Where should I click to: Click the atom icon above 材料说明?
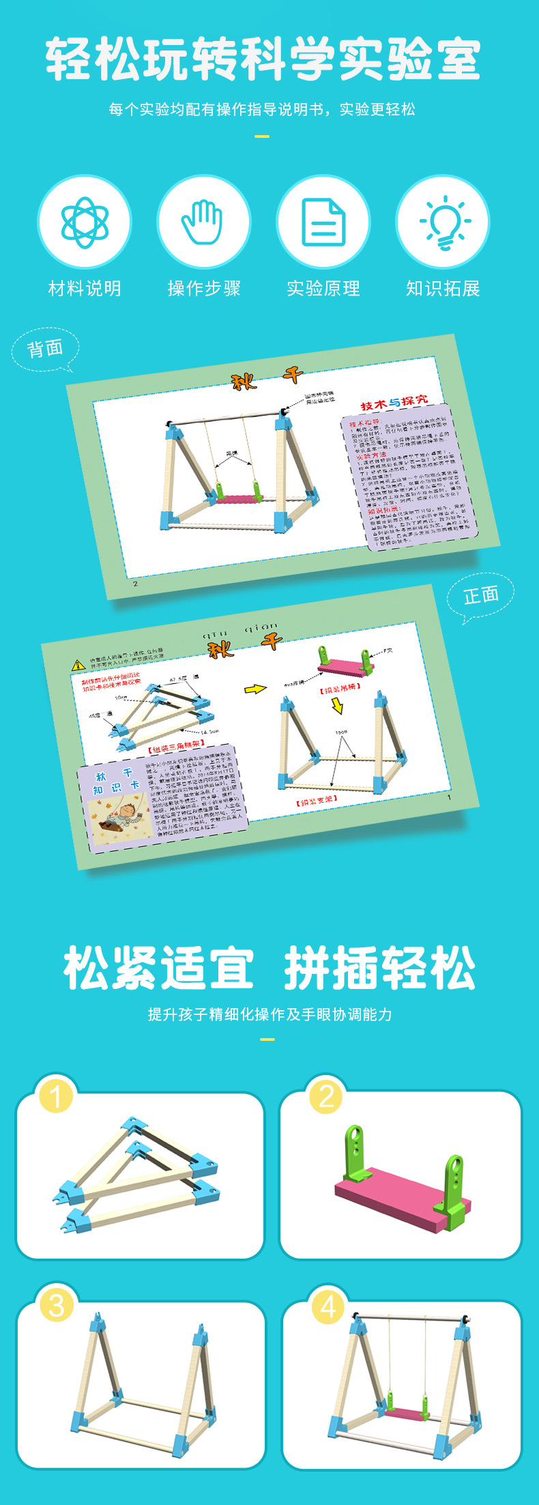85,222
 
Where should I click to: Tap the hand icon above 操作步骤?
203,222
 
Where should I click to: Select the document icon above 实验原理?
323,222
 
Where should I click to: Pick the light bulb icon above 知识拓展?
443,222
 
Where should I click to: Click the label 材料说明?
85,289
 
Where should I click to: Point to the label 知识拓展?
443,289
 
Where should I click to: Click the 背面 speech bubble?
45,349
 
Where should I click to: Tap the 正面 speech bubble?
481,596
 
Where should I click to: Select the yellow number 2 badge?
326,1096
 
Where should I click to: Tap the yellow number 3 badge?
57,1305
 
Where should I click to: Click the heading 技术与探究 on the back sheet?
394,403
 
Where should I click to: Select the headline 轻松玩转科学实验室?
263,60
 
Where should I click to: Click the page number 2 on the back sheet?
135,584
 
